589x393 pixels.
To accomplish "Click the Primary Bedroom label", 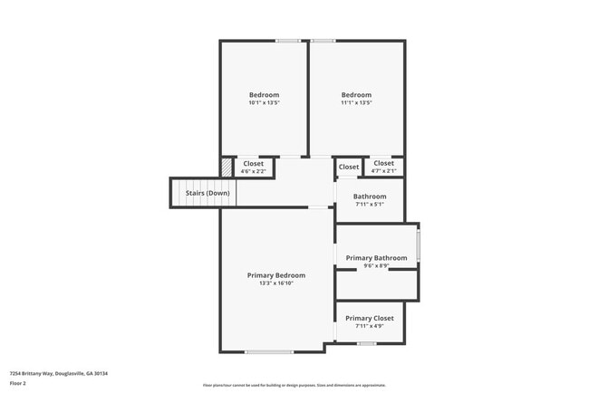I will pyautogui.click(x=276, y=275).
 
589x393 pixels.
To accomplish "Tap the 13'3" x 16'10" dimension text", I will pyautogui.click(x=276, y=283).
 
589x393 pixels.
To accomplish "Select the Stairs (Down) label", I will pyautogui.click(x=208, y=193).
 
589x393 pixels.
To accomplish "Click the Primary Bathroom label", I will pyautogui.click(x=377, y=258).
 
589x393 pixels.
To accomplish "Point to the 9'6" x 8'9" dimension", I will pyautogui.click(x=377, y=266).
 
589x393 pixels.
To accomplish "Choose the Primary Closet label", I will pyautogui.click(x=370, y=318).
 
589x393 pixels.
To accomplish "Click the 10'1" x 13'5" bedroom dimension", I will pyautogui.click(x=264, y=103).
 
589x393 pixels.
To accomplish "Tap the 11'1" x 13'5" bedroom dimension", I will pyautogui.click(x=356, y=103).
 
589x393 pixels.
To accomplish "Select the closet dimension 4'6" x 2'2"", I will pyautogui.click(x=253, y=171).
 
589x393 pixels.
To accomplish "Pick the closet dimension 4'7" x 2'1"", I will pyautogui.click(x=383, y=171).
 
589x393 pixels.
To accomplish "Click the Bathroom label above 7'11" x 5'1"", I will pyautogui.click(x=370, y=196).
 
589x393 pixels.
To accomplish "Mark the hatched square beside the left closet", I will pyautogui.click(x=227, y=168).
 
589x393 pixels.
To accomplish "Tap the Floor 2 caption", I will pyautogui.click(x=18, y=383).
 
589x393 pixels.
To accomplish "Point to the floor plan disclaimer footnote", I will pyautogui.click(x=294, y=385).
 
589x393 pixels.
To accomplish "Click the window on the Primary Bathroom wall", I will pyautogui.click(x=418, y=245).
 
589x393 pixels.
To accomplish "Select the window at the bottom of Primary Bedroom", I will pyautogui.click(x=268, y=351).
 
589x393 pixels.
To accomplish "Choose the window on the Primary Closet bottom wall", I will pyautogui.click(x=366, y=343).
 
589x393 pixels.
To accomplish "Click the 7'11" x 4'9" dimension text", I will pyautogui.click(x=370, y=326).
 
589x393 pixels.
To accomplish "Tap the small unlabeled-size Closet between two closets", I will pyautogui.click(x=348, y=168).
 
